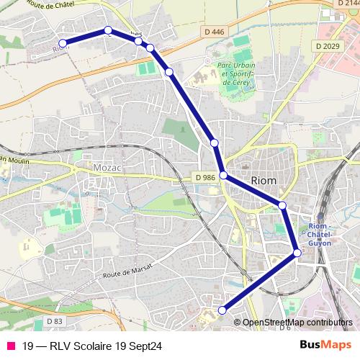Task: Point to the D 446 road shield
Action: coord(214,32)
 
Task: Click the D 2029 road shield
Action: coord(328,46)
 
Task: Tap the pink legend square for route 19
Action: coord(10,346)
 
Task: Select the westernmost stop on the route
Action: coord(63,44)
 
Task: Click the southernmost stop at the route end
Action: coord(222,310)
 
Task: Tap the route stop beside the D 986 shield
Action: coord(223,175)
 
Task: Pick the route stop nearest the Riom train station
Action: coord(297,253)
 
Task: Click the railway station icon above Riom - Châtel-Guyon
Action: coord(320,217)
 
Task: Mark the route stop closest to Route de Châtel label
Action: coord(108,30)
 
